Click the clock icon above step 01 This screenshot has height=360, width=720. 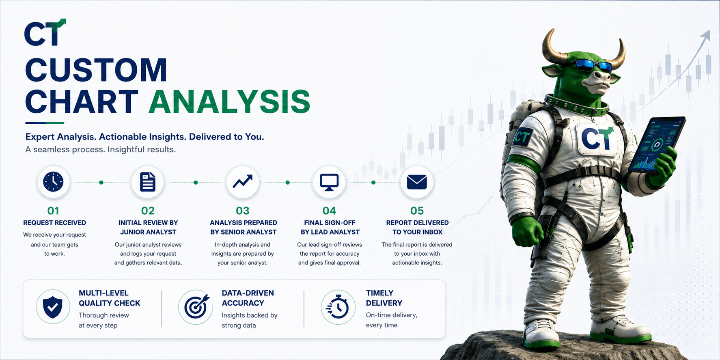[x=53, y=181]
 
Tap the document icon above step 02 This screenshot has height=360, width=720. [x=148, y=181]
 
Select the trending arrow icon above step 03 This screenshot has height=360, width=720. [x=242, y=181]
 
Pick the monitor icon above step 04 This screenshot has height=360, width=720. [x=329, y=182]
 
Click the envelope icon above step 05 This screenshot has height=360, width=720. [x=417, y=182]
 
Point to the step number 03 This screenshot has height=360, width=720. [x=243, y=211]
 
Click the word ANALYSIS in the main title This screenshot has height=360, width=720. [x=229, y=101]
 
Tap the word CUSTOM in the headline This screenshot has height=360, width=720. [x=96, y=70]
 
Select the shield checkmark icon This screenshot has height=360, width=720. [x=53, y=307]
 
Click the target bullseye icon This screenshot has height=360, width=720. [x=196, y=307]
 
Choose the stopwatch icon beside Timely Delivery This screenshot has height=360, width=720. [x=338, y=307]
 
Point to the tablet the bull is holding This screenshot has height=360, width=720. [x=656, y=144]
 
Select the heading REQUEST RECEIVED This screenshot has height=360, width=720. [x=54, y=223]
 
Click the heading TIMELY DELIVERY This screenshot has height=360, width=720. [x=384, y=298]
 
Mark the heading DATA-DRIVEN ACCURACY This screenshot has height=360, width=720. [x=248, y=298]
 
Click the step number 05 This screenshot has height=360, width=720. [x=417, y=211]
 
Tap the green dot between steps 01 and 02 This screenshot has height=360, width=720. [x=101, y=183]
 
